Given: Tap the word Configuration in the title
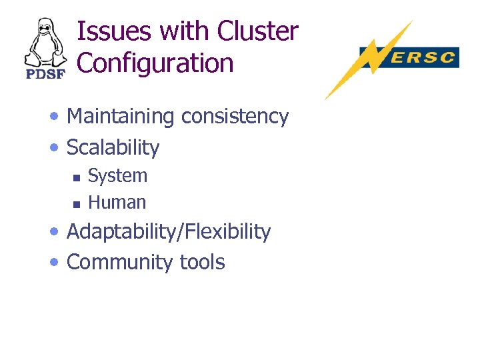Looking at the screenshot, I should (x=155, y=63).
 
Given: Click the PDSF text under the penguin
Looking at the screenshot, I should (x=45, y=73).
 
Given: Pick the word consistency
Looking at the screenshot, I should (x=235, y=117).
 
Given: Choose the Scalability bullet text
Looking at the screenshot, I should (x=113, y=147).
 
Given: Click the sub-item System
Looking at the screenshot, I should (x=117, y=176).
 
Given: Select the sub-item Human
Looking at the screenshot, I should (x=117, y=202).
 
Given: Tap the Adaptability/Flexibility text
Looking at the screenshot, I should (x=169, y=232).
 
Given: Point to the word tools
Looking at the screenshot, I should (x=203, y=262).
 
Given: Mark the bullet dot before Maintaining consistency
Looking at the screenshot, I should (x=55, y=118).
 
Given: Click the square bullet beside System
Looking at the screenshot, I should (x=76, y=177).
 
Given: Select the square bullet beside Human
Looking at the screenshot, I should (x=76, y=203).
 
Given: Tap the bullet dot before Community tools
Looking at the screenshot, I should (x=55, y=263).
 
